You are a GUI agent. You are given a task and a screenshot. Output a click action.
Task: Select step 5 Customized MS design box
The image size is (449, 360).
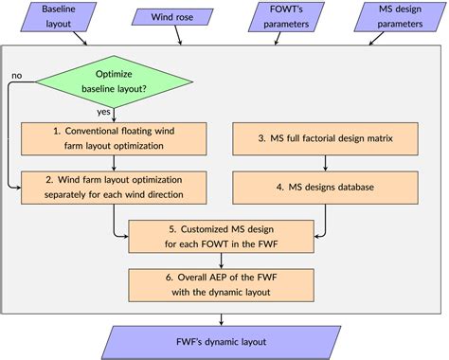click(x=224, y=236)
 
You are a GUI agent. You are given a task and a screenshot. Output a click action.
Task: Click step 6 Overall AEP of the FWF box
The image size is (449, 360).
click(x=224, y=283)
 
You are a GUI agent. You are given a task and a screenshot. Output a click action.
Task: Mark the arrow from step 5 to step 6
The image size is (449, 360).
click(x=224, y=260)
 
